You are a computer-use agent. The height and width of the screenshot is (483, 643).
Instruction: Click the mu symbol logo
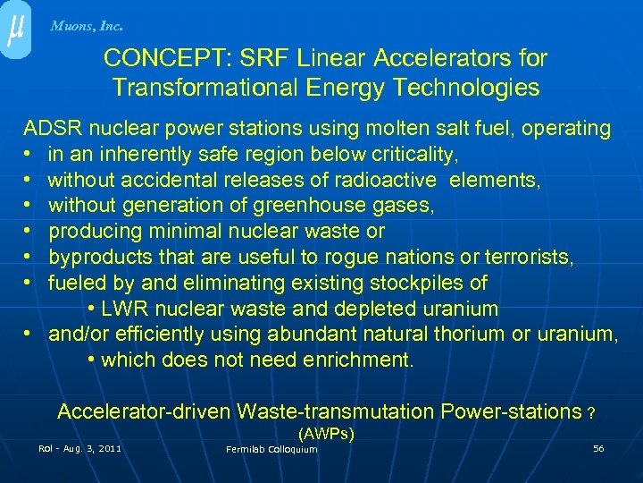point(15,30)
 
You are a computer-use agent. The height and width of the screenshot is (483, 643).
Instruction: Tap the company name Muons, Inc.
point(87,26)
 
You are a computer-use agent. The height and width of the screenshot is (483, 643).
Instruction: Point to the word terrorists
point(529,258)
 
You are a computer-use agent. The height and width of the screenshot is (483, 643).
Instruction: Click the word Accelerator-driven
point(144,411)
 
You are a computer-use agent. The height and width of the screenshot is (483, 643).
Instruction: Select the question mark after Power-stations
point(591,413)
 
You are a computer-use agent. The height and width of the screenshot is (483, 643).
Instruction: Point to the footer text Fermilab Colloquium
point(271,449)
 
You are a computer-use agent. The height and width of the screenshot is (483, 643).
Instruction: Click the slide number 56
point(598,448)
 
